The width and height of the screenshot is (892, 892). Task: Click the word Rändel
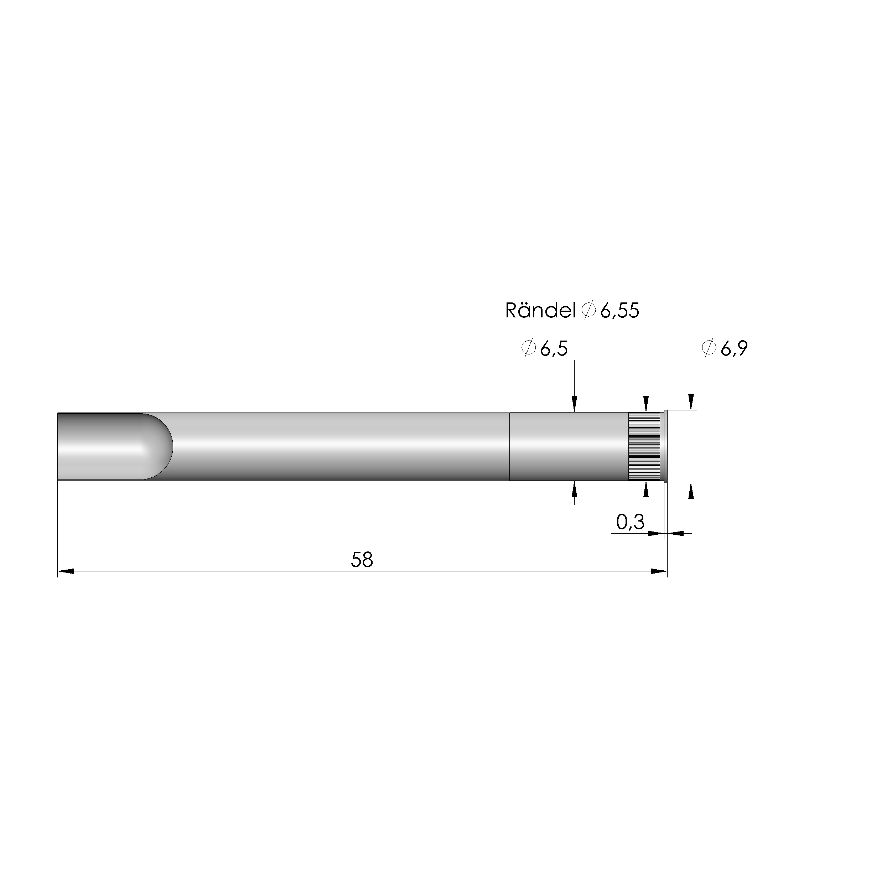[x=540, y=311]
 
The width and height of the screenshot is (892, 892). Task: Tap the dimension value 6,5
[x=554, y=349]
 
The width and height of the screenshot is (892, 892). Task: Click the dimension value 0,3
[x=630, y=522]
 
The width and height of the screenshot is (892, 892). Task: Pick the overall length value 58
[x=362, y=560]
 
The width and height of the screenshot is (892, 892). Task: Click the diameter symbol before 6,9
[x=709, y=348]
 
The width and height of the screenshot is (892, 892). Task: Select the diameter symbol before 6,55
[x=588, y=310]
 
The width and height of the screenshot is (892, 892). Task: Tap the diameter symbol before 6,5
[x=528, y=348]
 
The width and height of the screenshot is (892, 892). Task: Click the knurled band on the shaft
[x=644, y=446]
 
